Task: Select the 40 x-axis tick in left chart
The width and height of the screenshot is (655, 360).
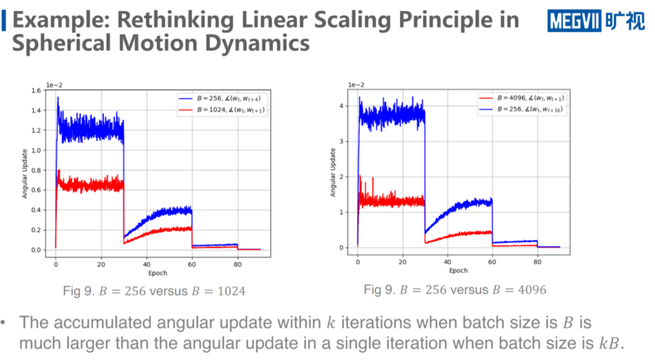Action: pos(146,264)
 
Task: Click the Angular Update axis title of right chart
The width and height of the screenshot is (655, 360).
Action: pos(333,172)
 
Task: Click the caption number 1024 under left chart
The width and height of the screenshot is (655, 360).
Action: pos(232,291)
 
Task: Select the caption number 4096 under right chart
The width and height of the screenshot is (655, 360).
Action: pos(532,290)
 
